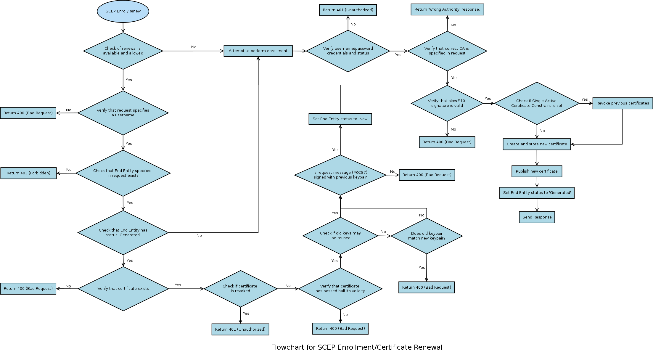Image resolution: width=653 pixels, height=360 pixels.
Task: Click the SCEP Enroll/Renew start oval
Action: point(123,11)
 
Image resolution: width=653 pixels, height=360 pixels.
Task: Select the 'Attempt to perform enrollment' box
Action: point(258,51)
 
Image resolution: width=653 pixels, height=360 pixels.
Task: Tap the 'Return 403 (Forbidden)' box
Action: point(28,173)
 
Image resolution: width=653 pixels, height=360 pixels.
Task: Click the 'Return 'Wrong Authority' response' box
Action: point(447,9)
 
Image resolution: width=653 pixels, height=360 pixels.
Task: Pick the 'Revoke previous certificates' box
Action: point(622,103)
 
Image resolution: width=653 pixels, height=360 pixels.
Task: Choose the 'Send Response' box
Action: point(537,217)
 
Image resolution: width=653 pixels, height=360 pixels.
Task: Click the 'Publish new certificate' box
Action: point(536,171)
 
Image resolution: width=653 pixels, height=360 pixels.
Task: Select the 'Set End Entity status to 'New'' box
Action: point(340,119)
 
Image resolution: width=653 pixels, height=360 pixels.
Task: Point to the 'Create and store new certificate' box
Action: point(536,144)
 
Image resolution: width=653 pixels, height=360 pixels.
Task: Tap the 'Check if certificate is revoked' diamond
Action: point(240,289)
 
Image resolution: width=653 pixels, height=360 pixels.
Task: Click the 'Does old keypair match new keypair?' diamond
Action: point(427,236)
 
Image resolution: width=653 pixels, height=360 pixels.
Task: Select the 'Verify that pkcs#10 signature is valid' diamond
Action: point(447,103)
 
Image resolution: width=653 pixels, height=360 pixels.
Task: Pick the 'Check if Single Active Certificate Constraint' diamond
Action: point(536,103)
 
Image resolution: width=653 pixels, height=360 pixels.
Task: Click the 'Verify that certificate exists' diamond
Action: point(123,289)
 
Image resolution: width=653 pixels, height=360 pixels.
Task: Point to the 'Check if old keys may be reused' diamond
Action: point(340,236)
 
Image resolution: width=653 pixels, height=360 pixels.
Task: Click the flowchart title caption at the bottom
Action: point(356,347)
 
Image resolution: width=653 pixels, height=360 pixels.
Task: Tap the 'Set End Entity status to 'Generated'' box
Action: point(537,193)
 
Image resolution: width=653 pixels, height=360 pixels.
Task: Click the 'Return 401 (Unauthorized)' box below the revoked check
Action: point(240,330)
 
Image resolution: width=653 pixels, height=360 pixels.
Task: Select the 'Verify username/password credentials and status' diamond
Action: point(348,51)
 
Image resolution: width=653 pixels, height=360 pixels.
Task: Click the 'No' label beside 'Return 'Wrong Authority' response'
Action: point(453,25)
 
